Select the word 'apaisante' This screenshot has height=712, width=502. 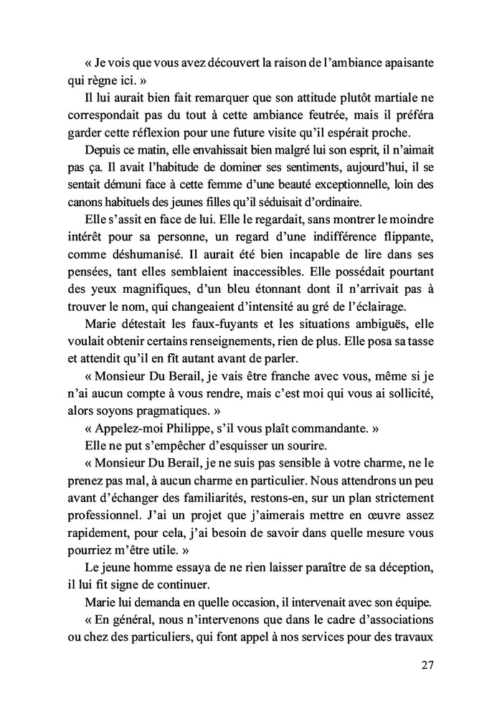pyautogui.click(x=404, y=63)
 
